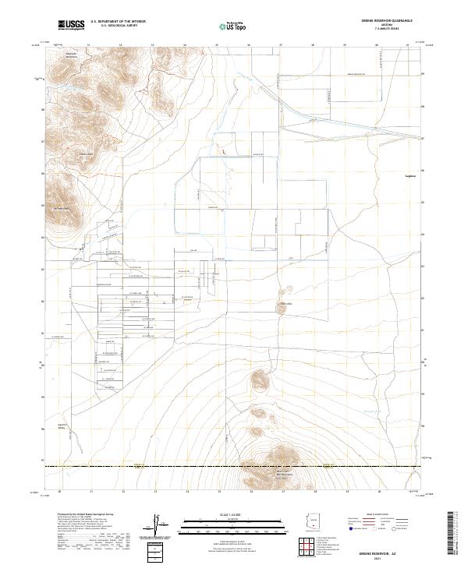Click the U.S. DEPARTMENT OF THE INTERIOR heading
coord(118,22)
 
